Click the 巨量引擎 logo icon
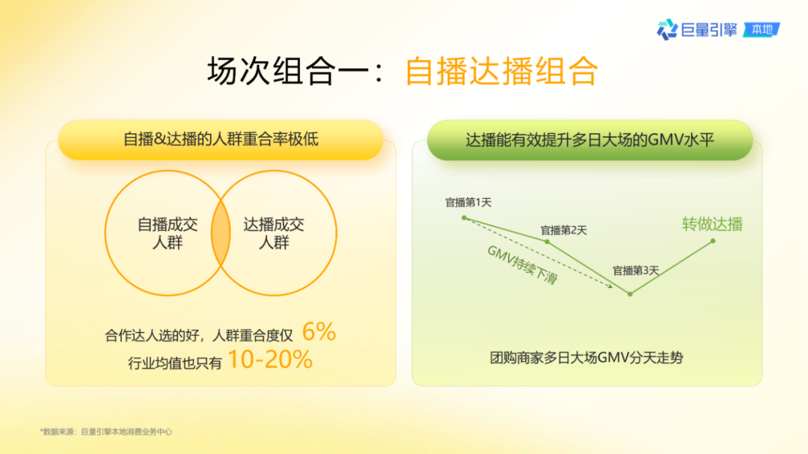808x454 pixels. pyautogui.click(x=667, y=30)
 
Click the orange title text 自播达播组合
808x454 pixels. pyautogui.click(x=501, y=73)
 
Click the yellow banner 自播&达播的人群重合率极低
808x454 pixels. pyautogui.click(x=221, y=139)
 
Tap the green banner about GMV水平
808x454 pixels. pyautogui.click(x=590, y=139)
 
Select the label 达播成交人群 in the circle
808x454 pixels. pyautogui.click(x=274, y=233)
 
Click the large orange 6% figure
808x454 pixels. pyautogui.click(x=319, y=331)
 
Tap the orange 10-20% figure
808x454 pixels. pyautogui.click(x=269, y=360)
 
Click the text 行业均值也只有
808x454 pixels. pyautogui.click(x=175, y=363)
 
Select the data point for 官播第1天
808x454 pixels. pyautogui.click(x=465, y=218)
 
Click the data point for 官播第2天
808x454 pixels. pyautogui.click(x=547, y=242)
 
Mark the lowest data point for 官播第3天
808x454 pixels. pyautogui.click(x=630, y=294)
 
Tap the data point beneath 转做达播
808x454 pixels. pyautogui.click(x=713, y=241)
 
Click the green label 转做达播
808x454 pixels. pyautogui.click(x=712, y=224)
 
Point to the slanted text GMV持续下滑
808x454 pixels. pyautogui.click(x=522, y=265)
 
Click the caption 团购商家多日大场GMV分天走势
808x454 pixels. pyautogui.click(x=587, y=358)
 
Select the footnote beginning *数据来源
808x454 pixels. pyautogui.click(x=107, y=432)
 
